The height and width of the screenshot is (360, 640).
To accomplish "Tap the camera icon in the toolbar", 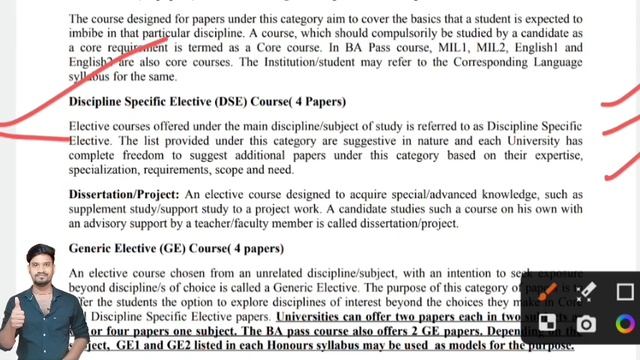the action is point(586,324).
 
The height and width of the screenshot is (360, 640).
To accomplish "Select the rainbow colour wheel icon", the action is point(624,324).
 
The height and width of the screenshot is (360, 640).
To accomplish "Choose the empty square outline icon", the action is point(624,292).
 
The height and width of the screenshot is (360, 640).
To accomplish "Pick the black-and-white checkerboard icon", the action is point(548,323).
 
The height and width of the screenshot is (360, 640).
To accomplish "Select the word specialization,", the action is point(113,171).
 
